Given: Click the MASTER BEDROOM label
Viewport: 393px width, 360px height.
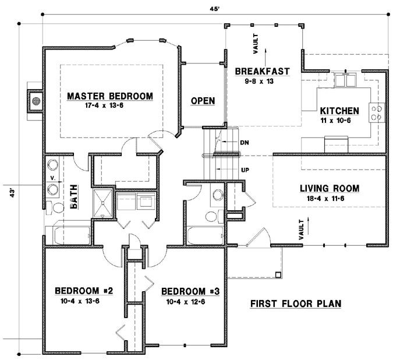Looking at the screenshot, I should [x=109, y=96].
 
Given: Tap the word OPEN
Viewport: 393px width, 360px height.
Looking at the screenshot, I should [x=203, y=101].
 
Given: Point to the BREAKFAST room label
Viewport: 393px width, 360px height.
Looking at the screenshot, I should [x=262, y=72].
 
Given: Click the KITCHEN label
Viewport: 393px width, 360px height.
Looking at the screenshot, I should [x=339, y=111].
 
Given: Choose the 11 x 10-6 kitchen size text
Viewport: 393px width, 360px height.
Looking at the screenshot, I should [x=339, y=120].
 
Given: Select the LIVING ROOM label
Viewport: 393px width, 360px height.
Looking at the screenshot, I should [x=329, y=188].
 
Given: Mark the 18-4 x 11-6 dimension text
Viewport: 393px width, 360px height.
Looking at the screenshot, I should [x=329, y=197].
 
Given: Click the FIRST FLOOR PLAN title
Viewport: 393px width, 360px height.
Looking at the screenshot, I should [x=295, y=304].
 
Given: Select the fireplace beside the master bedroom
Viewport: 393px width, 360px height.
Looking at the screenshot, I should [x=36, y=101].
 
